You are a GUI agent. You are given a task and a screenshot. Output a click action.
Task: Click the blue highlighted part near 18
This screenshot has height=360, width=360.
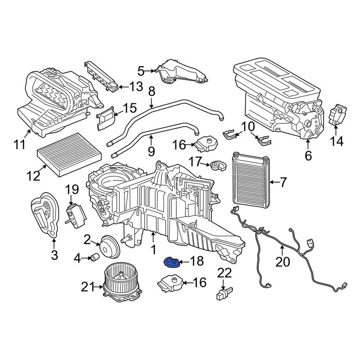(x=171, y=262)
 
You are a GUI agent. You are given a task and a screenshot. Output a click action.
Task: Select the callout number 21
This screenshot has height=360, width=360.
(x=87, y=287)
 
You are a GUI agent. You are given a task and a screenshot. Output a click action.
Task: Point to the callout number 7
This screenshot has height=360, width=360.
(x=283, y=183)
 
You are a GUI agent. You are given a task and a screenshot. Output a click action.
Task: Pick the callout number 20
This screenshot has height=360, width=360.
(x=282, y=262)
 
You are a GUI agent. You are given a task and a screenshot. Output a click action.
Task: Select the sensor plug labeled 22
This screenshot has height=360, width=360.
(x=224, y=292)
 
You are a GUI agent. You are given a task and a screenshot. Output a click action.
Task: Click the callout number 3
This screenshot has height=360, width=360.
(x=54, y=255)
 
